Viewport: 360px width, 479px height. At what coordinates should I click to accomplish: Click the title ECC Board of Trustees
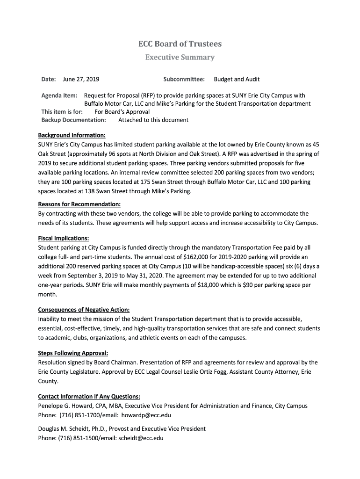(x=180, y=44)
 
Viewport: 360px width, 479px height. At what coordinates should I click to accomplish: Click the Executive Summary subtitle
(x=180, y=58)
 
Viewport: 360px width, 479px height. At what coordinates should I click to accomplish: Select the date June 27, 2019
(x=81, y=80)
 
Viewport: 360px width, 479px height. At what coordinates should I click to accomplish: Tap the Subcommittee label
(x=184, y=80)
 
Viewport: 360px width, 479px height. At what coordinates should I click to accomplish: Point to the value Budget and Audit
(x=237, y=80)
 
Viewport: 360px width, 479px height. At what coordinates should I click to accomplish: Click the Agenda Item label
(x=59, y=95)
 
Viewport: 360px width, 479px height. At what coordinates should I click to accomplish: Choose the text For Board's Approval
(x=122, y=112)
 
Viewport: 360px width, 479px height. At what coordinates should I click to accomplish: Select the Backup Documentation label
(x=74, y=120)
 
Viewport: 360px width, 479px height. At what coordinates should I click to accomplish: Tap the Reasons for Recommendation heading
(x=79, y=204)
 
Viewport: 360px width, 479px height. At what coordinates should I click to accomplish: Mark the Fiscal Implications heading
(x=64, y=238)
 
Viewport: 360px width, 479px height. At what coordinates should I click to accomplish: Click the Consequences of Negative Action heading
(x=84, y=310)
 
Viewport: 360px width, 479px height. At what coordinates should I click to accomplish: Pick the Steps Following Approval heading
(x=73, y=353)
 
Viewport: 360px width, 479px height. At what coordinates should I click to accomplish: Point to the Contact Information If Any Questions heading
(x=89, y=397)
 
